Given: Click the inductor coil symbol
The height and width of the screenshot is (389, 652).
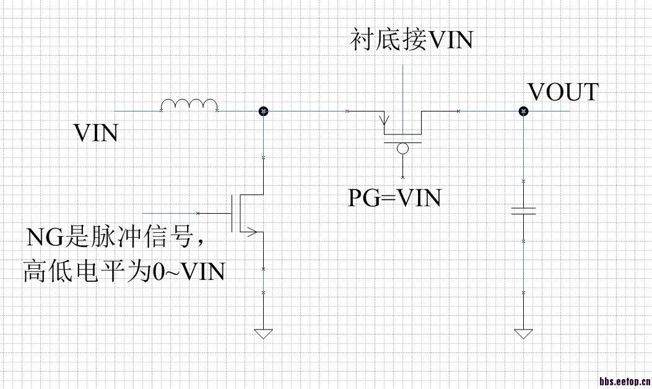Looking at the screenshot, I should pyautogui.click(x=189, y=105).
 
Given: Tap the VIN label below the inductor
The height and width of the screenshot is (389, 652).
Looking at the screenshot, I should pyautogui.click(x=96, y=133).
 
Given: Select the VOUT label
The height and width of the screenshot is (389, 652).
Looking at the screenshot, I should pyautogui.click(x=563, y=92).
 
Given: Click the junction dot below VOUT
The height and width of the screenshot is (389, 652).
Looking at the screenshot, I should pyautogui.click(x=523, y=111).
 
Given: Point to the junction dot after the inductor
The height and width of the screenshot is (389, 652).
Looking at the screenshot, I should pyautogui.click(x=263, y=111).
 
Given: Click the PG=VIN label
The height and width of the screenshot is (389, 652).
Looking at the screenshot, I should pyautogui.click(x=394, y=198).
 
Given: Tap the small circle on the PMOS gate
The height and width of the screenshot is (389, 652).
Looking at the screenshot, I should pyautogui.click(x=402, y=149).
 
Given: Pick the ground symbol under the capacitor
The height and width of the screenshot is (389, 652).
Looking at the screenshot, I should pyautogui.click(x=523, y=334).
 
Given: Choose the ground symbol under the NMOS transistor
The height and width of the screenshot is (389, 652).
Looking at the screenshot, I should pyautogui.click(x=263, y=334).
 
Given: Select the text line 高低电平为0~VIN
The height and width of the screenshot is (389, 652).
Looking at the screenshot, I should pyautogui.click(x=124, y=271).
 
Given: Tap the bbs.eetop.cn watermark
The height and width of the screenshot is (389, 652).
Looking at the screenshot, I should pyautogui.click(x=624, y=381).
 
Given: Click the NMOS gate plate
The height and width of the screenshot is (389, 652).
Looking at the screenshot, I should pyautogui.click(x=233, y=213).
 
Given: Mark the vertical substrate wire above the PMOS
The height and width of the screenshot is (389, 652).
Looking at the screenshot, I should pyautogui.click(x=402, y=93).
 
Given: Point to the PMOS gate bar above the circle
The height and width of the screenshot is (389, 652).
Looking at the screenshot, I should pyautogui.click(x=402, y=142).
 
